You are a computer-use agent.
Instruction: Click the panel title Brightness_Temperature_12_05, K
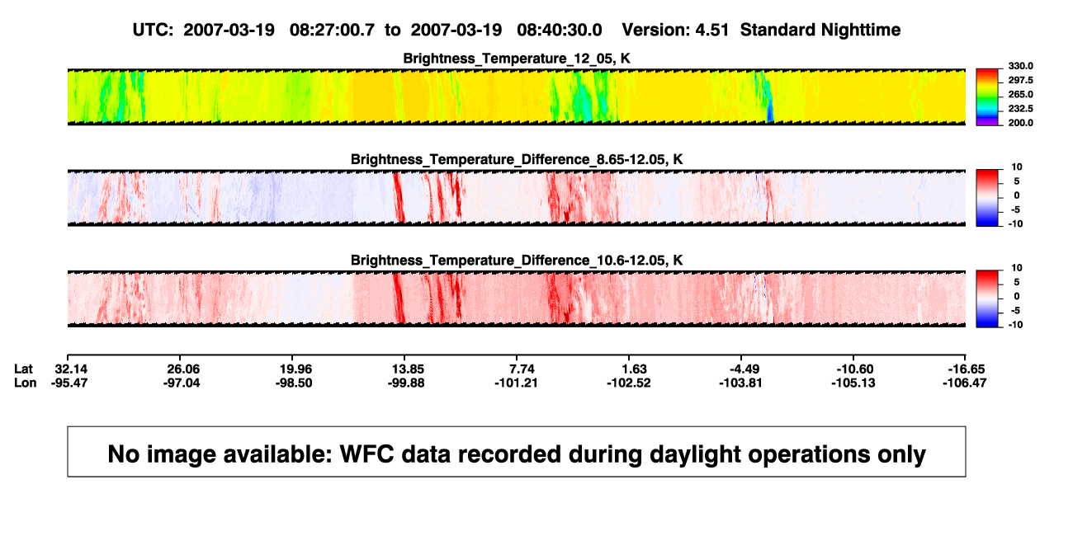[x=517, y=59]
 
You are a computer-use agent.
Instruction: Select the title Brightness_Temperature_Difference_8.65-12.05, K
[x=517, y=159]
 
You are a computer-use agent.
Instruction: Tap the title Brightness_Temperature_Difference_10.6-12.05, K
[x=517, y=261]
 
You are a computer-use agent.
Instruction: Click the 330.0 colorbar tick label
[x=1020, y=66]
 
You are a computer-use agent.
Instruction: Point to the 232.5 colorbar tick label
[x=1020, y=109]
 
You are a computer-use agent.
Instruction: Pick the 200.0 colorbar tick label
[x=1020, y=123]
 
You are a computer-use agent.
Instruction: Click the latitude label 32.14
[x=71, y=369]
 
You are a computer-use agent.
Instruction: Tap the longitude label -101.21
[x=517, y=383]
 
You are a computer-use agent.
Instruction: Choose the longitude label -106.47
[x=965, y=383]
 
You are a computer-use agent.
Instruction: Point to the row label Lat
[x=23, y=369]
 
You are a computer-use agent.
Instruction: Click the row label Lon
[x=25, y=383]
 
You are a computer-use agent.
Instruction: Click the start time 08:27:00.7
[x=332, y=31]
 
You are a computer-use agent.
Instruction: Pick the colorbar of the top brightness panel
[x=987, y=97]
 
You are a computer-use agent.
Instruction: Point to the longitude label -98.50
[x=294, y=383]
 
